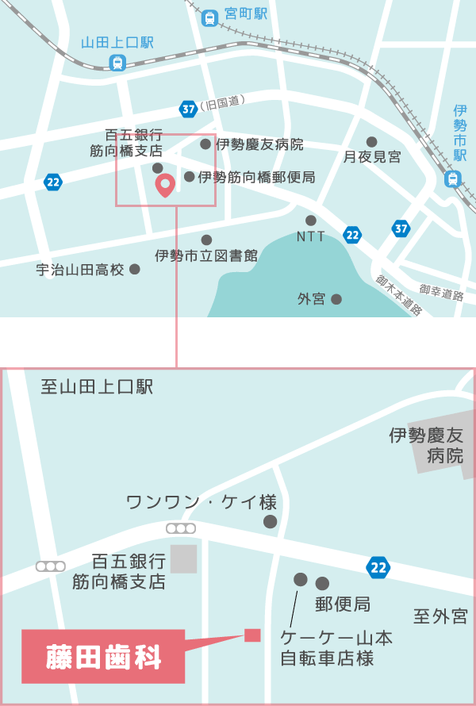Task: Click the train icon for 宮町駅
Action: point(209,15)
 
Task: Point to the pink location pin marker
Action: point(165,186)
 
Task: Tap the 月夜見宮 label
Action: point(372,157)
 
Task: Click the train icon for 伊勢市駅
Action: point(453,179)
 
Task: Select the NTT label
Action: point(311,236)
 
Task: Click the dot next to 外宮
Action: point(336,299)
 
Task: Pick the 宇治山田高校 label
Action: point(80,270)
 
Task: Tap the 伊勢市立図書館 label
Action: point(206,255)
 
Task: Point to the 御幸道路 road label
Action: point(441,294)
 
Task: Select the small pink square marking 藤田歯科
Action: point(252,635)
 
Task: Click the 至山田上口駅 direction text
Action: point(97,387)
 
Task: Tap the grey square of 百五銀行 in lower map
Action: point(184,558)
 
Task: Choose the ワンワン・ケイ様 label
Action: point(202,502)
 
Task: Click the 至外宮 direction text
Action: point(440,616)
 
